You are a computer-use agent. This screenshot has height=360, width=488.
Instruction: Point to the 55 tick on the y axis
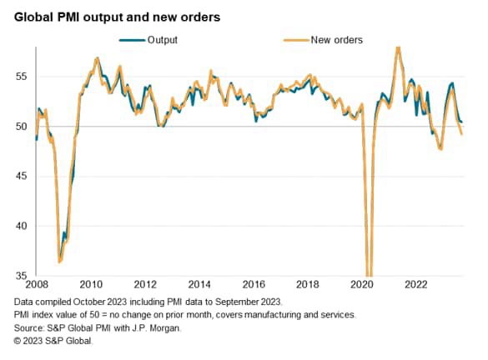(x=21, y=77)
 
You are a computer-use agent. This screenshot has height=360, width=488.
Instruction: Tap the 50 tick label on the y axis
(x=21, y=127)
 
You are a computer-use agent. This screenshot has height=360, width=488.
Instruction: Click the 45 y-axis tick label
(x=21, y=177)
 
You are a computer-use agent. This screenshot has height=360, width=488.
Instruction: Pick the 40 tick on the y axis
(x=21, y=226)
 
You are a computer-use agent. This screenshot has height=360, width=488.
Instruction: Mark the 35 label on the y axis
(x=21, y=276)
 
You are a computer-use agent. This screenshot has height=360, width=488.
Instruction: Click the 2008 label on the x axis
(x=37, y=284)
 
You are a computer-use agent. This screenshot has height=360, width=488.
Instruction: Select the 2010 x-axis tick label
(x=91, y=284)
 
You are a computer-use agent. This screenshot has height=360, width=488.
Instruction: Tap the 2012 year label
(x=145, y=284)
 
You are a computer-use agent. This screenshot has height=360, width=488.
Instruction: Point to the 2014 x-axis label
(x=200, y=284)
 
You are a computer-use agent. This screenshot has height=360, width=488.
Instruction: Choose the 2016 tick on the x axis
(x=254, y=284)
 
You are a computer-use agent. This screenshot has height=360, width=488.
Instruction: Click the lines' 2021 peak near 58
(x=398, y=48)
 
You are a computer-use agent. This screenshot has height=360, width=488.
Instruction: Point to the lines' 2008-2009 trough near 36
(x=59, y=262)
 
